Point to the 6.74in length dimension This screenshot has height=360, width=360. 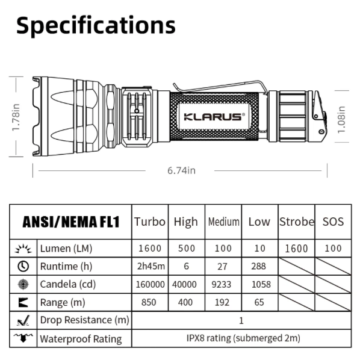181,170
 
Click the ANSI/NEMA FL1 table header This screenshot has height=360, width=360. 71,222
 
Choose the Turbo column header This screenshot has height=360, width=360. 149,222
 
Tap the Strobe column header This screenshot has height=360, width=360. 296,222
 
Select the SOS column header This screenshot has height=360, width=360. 333,222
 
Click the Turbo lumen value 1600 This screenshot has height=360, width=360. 149,248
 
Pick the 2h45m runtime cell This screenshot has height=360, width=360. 149,266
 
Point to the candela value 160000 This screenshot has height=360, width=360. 149,284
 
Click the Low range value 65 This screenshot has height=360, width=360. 259,302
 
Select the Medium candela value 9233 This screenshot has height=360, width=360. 223,284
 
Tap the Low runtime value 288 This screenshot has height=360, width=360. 259,266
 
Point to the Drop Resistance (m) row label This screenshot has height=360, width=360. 84,320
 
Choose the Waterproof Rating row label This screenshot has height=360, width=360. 81,338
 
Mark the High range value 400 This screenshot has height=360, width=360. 185,302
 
